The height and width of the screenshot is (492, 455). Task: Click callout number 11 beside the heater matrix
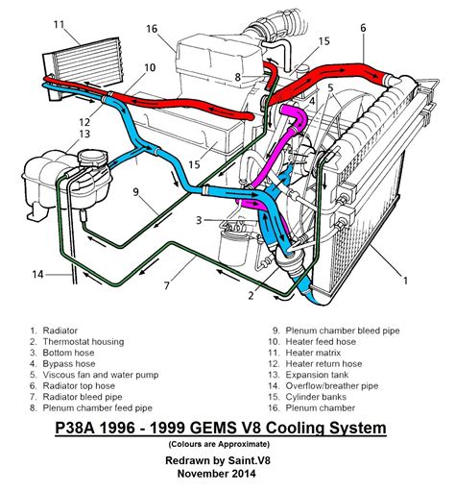(x=60, y=23)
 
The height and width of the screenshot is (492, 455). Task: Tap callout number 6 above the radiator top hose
(x=363, y=28)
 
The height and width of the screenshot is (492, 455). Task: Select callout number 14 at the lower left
(x=37, y=275)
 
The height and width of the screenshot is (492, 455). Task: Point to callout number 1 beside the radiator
(x=406, y=280)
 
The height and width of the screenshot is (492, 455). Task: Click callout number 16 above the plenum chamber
(x=152, y=30)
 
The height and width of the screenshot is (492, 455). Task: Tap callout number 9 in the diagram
(x=137, y=191)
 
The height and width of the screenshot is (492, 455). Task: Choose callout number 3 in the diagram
(x=199, y=221)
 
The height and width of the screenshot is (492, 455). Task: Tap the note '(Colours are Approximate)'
(x=227, y=444)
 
